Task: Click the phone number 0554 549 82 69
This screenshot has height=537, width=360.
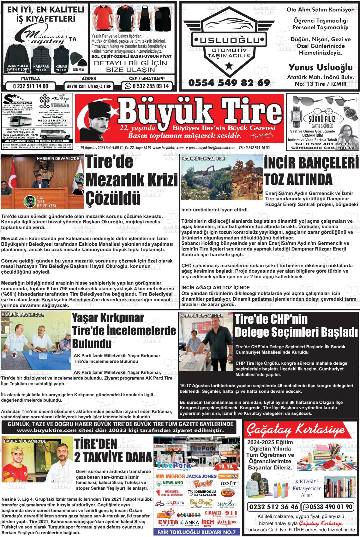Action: (x=229, y=83)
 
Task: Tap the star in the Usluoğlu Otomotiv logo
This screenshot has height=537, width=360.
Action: (x=228, y=66)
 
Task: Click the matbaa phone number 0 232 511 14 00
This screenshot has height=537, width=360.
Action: (x=31, y=86)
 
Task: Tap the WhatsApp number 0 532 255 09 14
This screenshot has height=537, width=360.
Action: (x=147, y=86)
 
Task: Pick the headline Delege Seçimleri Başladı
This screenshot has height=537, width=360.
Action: (x=297, y=332)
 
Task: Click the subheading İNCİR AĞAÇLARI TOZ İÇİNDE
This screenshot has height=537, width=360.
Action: (x=216, y=288)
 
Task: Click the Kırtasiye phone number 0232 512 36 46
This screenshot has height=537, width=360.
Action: (x=274, y=507)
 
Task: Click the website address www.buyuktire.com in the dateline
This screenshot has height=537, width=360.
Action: (x=168, y=148)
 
